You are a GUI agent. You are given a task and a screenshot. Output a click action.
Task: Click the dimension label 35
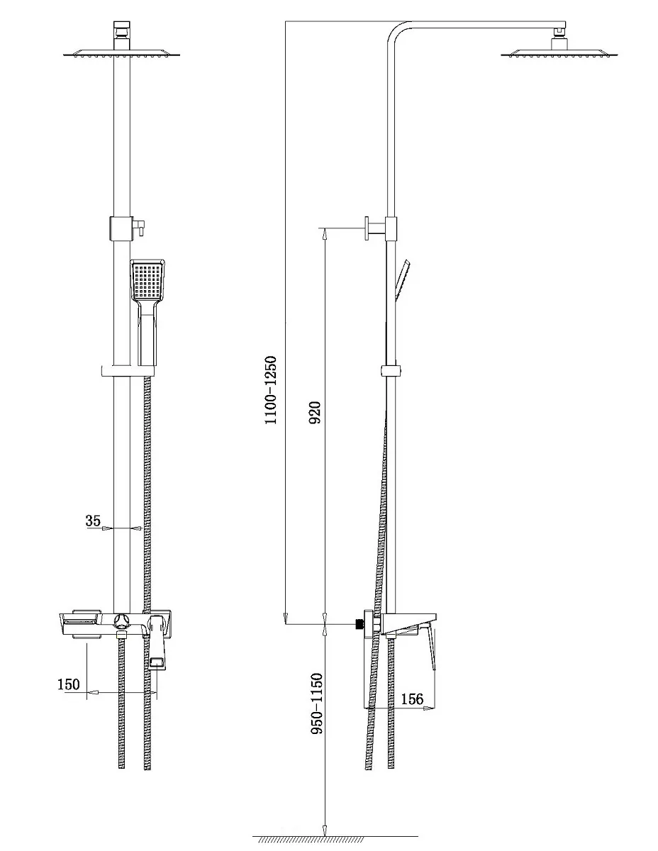pos(93,521)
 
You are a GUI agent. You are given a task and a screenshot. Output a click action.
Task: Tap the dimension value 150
pos(69,684)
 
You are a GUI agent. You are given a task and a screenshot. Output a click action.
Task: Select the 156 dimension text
pos(412,699)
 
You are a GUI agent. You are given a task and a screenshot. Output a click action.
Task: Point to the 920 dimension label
pos(315,413)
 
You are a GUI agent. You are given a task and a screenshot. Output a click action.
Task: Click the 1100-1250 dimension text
pos(270,390)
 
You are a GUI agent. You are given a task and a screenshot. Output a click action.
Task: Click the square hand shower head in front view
pos(147,280)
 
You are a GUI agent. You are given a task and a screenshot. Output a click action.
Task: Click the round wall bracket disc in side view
pos(367,228)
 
